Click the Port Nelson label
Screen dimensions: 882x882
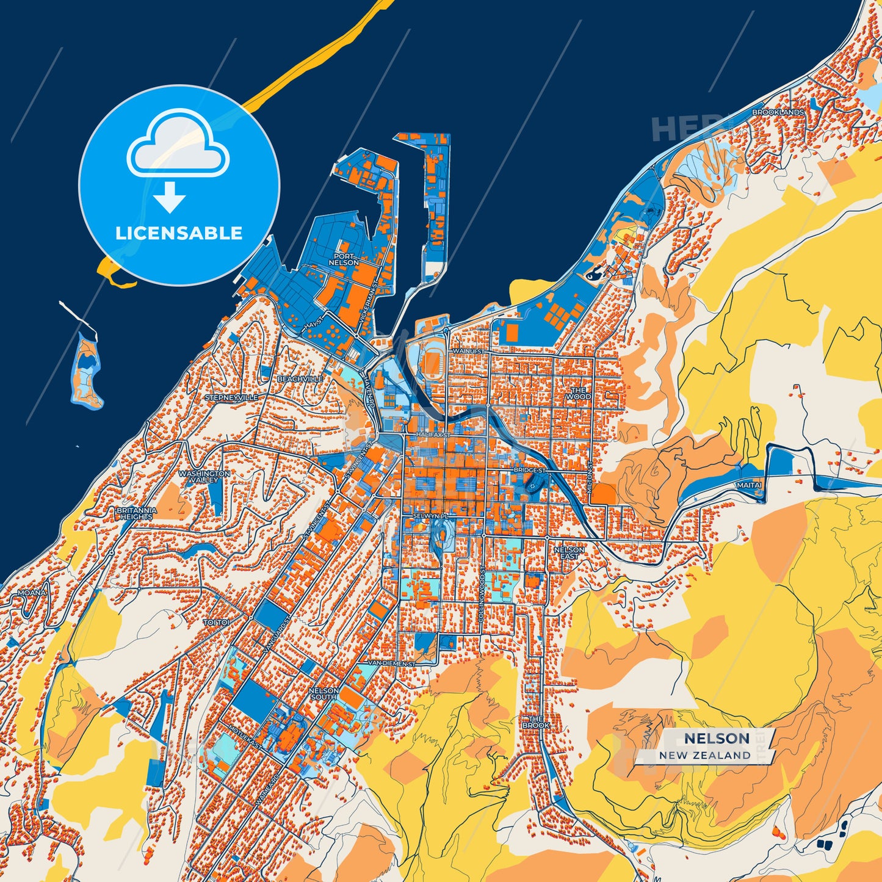(344, 259)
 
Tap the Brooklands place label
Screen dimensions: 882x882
(778, 112)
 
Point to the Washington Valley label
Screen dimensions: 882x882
(204, 477)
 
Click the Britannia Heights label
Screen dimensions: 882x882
(136, 513)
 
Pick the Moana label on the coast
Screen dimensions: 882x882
(31, 593)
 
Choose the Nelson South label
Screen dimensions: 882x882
(324, 693)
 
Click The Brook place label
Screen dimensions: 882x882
(535, 722)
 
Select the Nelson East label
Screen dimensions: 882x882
(569, 553)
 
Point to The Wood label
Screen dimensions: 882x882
(578, 393)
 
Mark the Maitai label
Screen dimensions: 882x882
(749, 485)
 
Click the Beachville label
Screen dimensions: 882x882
(300, 379)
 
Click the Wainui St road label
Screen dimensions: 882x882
(468, 352)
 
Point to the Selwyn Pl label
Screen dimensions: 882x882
(430, 516)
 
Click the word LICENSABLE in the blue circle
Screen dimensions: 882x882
(179, 233)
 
